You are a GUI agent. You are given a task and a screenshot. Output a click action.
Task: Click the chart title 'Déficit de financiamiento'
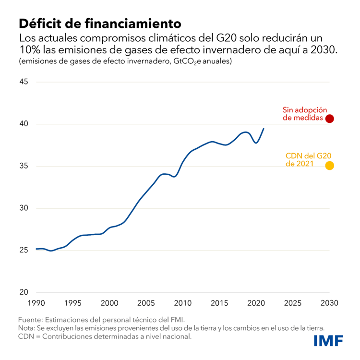[100, 23]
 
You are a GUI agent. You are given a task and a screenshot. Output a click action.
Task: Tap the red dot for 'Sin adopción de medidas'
[330, 118]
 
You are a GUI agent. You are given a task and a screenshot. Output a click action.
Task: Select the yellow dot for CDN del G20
[330, 166]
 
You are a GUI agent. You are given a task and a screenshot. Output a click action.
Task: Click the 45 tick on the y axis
[24, 82]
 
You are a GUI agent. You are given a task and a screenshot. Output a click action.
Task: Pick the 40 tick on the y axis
[24, 124]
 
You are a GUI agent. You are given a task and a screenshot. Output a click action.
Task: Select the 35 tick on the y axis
[24, 166]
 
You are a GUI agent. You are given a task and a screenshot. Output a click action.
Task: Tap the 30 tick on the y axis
[24, 208]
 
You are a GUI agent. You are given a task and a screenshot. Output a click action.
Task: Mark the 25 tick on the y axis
[24, 251]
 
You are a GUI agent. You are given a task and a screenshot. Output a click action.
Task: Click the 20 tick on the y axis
[24, 292]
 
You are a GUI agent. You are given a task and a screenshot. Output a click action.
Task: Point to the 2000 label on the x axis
[109, 303]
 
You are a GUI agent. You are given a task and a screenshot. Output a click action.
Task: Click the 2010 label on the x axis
[183, 303]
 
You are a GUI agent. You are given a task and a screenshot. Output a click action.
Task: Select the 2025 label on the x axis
[293, 303]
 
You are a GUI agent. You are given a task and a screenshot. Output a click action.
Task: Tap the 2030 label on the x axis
[330, 303]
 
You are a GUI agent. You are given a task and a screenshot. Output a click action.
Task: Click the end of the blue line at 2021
[264, 129]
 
